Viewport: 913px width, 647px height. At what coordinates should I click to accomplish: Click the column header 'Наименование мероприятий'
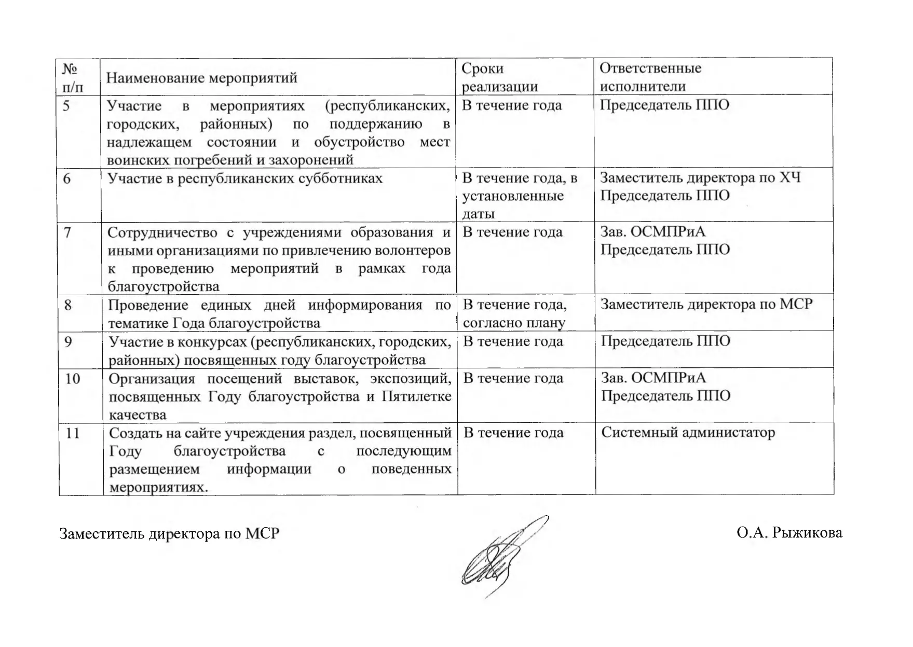[202, 78]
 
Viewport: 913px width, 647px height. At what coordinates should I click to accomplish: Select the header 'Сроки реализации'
[499, 77]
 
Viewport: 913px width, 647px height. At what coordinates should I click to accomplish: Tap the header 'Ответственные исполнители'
[650, 77]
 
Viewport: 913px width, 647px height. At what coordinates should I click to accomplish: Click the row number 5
[66, 106]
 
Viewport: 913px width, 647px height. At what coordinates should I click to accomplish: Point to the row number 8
[68, 305]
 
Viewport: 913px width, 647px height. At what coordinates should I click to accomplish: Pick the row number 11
[73, 433]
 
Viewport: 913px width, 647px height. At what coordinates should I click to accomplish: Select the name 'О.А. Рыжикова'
[789, 533]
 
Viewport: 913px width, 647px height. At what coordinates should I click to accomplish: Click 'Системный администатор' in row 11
[688, 433]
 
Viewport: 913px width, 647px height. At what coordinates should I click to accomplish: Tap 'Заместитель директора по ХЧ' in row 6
[700, 178]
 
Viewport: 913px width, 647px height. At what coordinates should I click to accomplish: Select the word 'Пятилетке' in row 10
[416, 397]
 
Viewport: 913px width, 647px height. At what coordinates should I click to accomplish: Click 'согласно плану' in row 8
[513, 323]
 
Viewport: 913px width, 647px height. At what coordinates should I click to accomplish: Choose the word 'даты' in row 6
[478, 214]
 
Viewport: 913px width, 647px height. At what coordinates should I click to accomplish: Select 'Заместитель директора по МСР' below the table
[169, 534]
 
